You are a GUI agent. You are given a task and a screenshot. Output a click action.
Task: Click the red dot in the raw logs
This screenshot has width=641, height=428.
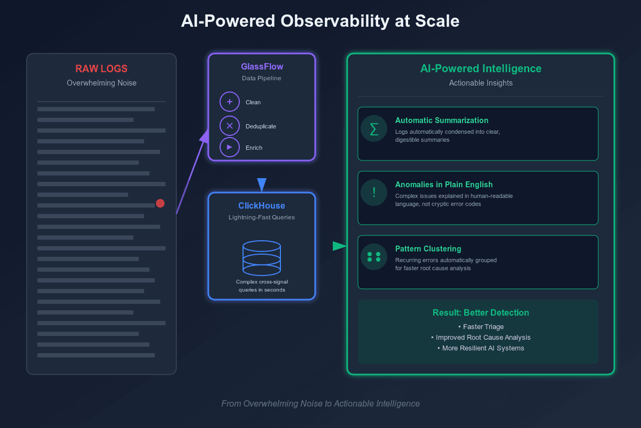point(160,203)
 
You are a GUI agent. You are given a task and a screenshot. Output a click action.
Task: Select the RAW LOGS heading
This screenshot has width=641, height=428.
point(101,68)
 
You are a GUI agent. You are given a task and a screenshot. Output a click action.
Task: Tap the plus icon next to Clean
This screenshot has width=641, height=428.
point(230,102)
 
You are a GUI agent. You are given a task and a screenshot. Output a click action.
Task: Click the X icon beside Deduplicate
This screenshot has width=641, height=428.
point(230,126)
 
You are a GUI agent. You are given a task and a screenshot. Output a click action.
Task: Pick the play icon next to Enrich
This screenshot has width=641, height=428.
point(230,147)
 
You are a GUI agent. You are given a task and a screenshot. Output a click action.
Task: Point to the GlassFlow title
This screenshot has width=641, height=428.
point(262,67)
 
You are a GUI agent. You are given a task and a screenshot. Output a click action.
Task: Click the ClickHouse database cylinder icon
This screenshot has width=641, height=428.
point(262,258)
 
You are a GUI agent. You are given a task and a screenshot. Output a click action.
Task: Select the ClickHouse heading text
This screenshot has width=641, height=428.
point(262,206)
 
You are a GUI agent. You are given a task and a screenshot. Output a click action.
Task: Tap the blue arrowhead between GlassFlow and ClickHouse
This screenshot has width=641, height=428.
point(262,185)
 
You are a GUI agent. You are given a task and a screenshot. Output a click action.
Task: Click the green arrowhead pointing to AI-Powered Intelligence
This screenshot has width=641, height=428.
point(339,246)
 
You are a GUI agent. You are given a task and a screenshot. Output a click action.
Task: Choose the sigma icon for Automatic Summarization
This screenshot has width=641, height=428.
point(374,128)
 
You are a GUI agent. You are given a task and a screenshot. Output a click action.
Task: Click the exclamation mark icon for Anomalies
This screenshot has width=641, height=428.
point(374,193)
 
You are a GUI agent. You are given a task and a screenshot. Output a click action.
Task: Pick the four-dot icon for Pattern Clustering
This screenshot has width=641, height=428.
point(374,257)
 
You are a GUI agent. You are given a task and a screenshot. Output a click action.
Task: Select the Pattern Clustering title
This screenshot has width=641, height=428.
point(428,249)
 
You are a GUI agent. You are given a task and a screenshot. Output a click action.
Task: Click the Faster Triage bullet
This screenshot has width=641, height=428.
point(481,326)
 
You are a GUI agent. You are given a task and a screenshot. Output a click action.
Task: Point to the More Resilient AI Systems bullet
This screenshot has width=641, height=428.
point(481,348)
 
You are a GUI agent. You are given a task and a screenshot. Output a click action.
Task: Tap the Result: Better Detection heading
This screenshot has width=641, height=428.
point(481,312)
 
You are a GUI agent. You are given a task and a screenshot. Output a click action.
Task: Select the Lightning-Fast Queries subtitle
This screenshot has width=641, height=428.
point(262,217)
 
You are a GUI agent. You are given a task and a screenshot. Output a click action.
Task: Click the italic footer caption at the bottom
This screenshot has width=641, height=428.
point(320,403)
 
